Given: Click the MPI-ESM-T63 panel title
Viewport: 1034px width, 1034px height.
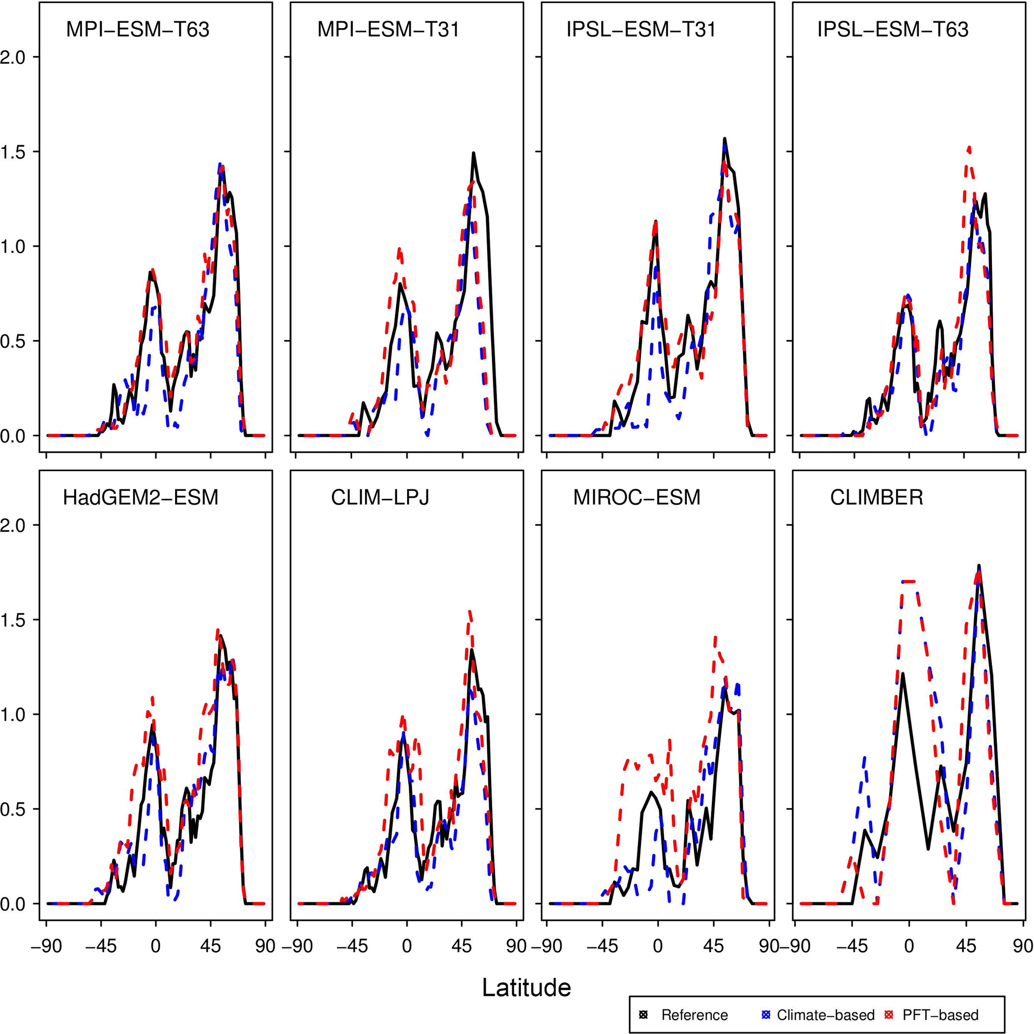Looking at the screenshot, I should click(138, 30).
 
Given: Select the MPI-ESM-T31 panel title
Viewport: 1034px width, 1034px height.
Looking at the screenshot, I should click(388, 30).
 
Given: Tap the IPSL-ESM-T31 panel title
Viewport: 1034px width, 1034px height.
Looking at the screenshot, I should click(641, 30).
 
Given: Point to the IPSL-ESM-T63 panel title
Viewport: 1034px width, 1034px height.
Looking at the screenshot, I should click(893, 30).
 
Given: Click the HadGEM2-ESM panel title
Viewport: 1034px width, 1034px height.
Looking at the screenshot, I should click(141, 498).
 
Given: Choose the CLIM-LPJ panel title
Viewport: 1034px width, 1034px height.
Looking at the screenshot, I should click(380, 498).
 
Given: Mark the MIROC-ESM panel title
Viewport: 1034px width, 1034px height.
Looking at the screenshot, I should click(637, 498).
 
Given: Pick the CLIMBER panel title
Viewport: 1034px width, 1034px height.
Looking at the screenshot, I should click(876, 498).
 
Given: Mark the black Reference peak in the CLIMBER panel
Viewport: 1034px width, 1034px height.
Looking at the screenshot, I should click(979, 566).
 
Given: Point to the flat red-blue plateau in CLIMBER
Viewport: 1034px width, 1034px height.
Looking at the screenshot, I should click(909, 581).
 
